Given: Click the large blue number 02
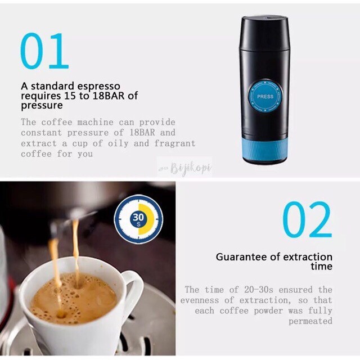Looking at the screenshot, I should (x=307, y=219).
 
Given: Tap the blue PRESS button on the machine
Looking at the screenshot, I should (x=265, y=97).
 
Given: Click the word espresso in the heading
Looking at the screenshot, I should (x=98, y=86).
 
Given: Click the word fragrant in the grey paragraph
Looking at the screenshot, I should (x=175, y=143).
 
